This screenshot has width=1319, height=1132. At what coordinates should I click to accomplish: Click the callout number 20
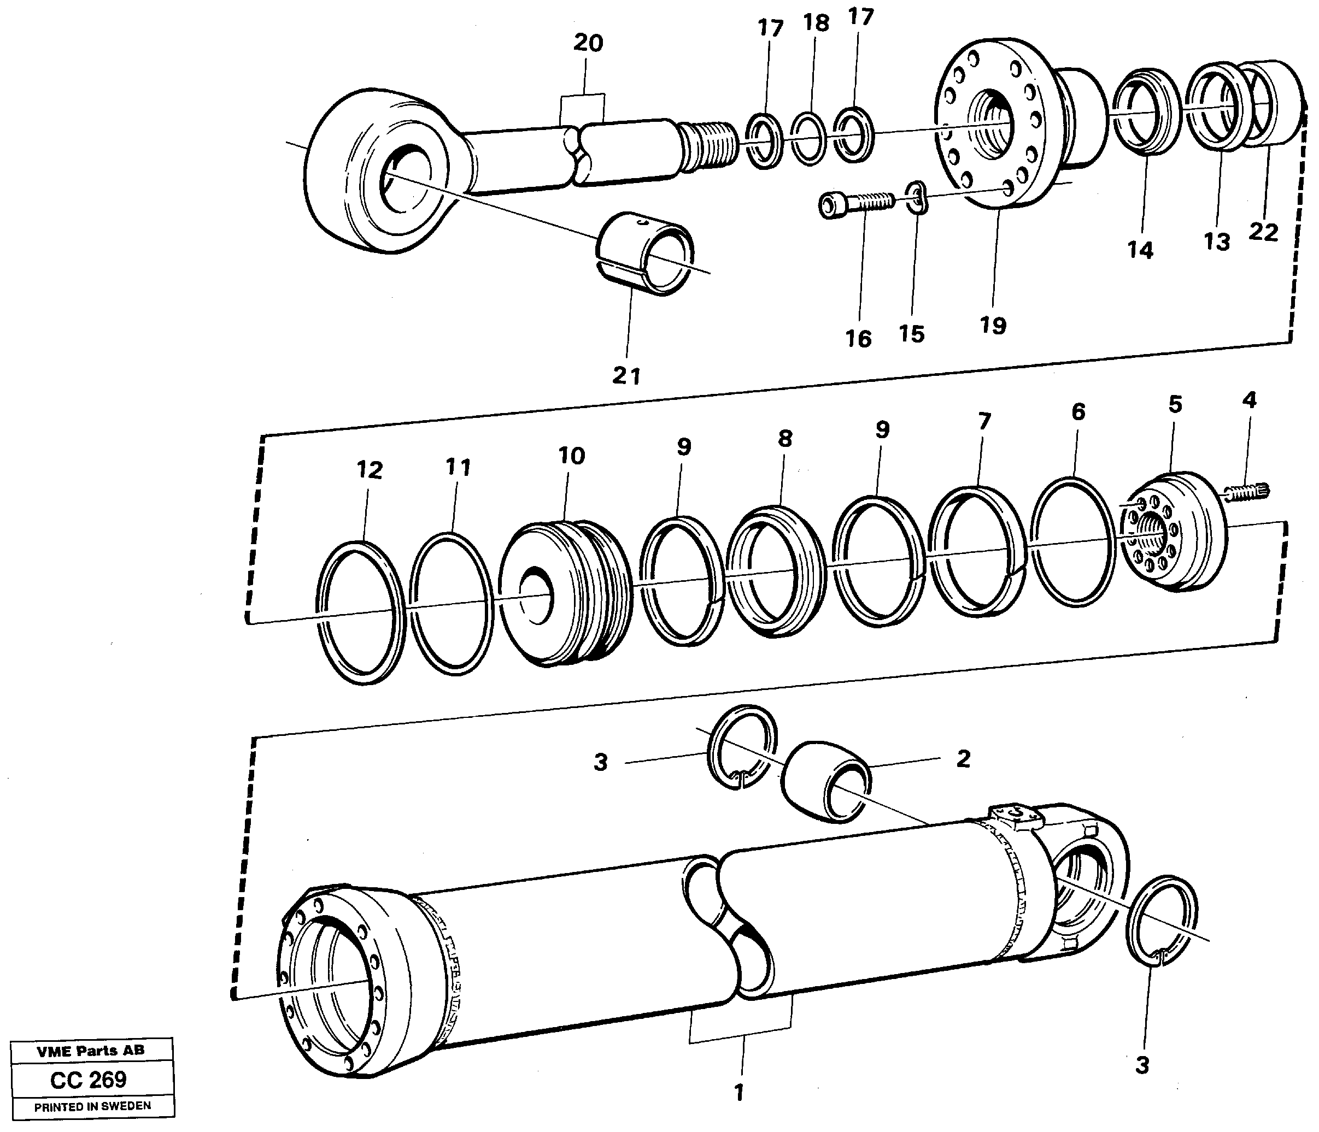(x=588, y=43)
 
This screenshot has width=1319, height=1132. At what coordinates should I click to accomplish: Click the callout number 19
(x=993, y=326)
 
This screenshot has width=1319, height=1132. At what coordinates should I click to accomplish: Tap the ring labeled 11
(x=452, y=603)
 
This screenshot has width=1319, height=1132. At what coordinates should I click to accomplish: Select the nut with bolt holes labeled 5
(x=1173, y=532)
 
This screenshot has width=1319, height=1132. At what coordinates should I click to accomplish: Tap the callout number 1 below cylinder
(x=738, y=1093)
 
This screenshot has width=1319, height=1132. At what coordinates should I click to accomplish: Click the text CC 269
(x=89, y=1079)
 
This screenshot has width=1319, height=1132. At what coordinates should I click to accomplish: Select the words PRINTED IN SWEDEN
(x=92, y=1106)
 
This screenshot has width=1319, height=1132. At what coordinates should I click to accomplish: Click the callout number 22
(x=1263, y=232)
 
